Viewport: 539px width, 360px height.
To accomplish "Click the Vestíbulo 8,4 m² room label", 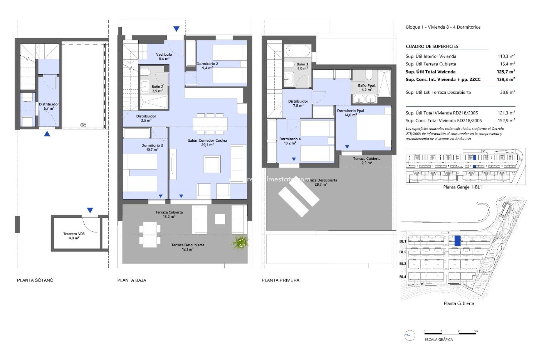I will click(x=164, y=57).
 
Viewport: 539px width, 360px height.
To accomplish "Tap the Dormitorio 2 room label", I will click(x=207, y=66).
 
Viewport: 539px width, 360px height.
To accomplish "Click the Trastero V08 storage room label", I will click(x=74, y=236).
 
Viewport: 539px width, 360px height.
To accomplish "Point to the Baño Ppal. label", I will click(x=367, y=87).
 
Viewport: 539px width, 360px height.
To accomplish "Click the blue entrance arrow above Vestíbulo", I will click(x=176, y=29).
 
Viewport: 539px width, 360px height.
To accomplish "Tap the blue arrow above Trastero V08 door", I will click(x=90, y=210).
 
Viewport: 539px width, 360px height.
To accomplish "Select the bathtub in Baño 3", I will click(x=298, y=51).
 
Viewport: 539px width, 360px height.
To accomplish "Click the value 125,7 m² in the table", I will click(x=506, y=72).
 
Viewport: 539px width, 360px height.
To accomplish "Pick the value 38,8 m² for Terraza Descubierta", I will click(x=507, y=92).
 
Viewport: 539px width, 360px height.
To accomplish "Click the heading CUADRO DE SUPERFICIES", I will click(x=432, y=46).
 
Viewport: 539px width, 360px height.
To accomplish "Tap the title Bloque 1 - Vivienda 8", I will click(x=443, y=27).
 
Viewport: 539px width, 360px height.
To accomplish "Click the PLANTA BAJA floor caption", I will click(x=132, y=280).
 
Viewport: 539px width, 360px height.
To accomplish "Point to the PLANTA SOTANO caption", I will click(x=35, y=280).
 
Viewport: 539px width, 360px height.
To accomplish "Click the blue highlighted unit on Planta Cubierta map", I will click(x=458, y=241).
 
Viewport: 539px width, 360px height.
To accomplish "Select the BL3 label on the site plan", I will click(x=403, y=264).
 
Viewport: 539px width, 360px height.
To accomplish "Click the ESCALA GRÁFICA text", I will click(x=438, y=339).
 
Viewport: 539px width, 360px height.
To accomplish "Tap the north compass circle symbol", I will click(x=410, y=335).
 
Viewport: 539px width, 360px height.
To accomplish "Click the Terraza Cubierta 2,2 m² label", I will click(x=367, y=161).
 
